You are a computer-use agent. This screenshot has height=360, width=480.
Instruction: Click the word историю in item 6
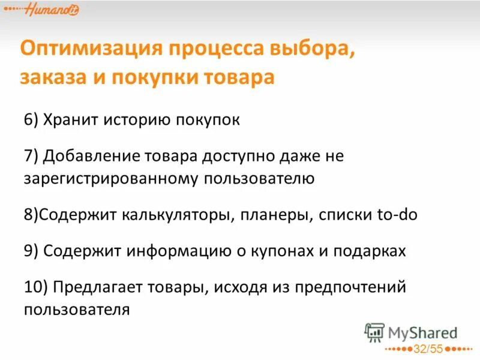pos(135,119)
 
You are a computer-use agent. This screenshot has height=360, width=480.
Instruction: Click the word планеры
pos(275,214)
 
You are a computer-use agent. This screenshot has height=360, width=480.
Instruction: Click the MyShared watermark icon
pos(374,332)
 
